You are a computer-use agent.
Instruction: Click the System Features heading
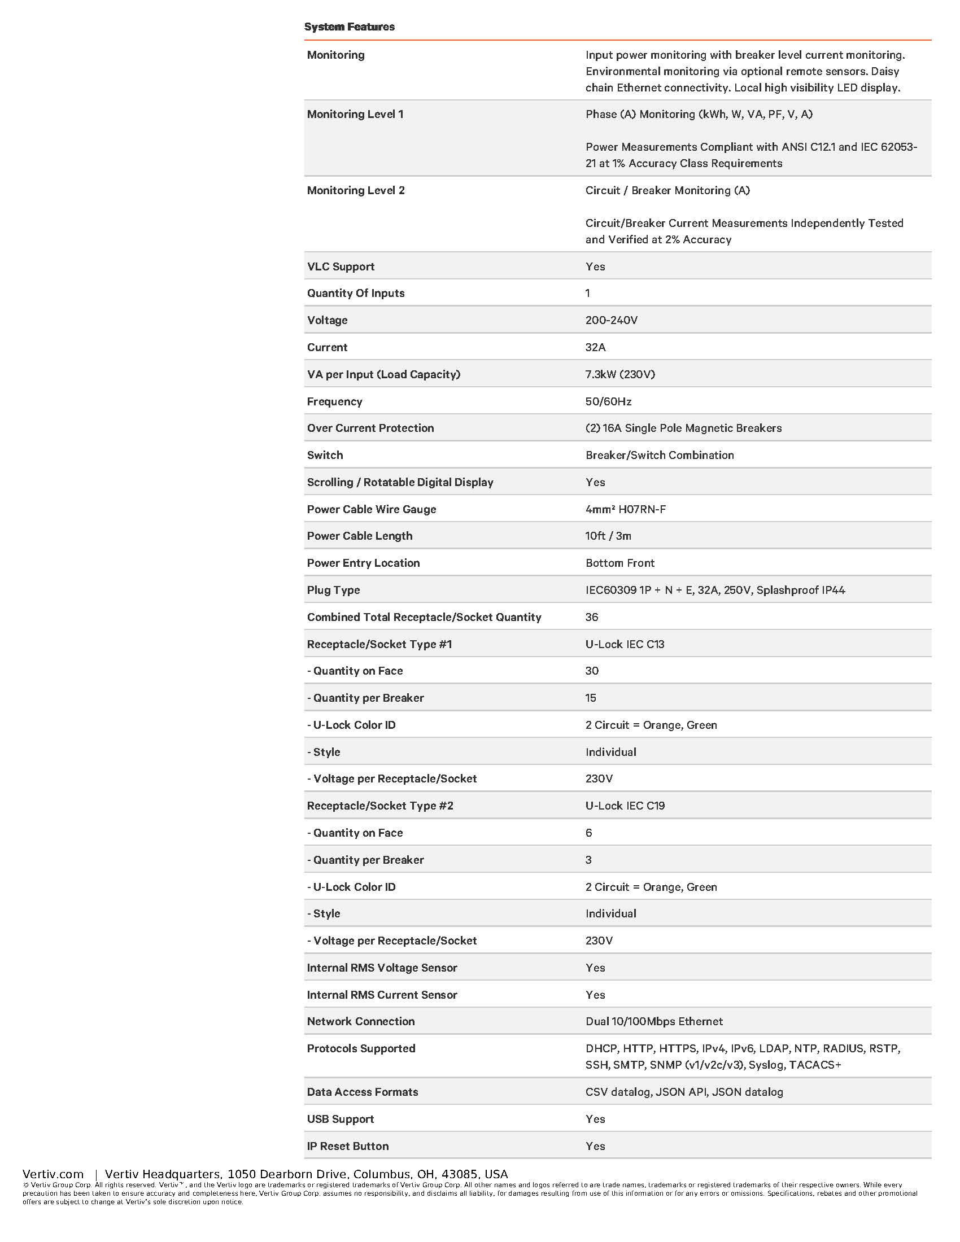coord(349,27)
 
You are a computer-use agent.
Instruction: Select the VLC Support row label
coord(341,266)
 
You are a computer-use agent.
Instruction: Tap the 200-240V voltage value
coord(612,320)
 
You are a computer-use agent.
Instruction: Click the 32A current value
coord(595,347)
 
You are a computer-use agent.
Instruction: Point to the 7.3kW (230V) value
coord(620,374)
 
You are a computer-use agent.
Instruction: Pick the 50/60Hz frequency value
coord(609,401)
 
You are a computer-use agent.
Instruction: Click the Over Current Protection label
coord(370,428)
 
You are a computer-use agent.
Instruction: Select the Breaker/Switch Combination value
coord(660,455)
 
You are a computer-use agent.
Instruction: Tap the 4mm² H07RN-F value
coord(626,509)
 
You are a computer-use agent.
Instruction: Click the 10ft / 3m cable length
coord(608,536)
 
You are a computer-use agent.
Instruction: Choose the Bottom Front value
coord(620,563)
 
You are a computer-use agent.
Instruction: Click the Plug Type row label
coord(333,590)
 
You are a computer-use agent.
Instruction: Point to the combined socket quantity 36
coord(592,617)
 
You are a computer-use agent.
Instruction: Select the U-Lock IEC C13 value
coord(625,644)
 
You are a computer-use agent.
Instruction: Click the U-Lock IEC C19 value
coord(625,805)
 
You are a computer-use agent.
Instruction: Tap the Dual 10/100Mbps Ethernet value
coord(654,1021)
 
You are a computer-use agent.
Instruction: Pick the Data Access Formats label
coord(363,1091)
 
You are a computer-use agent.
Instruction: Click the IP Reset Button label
coord(347,1145)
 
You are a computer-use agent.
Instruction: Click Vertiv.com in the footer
coord(53,1174)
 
